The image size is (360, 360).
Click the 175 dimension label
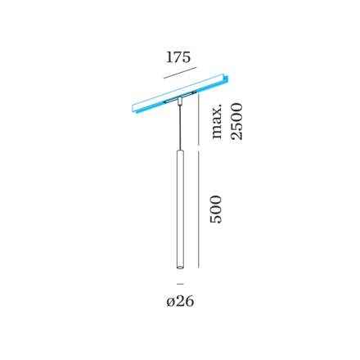(178, 57)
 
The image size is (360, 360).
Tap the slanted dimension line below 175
(180, 73)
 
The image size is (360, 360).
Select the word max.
(217, 121)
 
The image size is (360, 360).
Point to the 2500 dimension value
(236, 121)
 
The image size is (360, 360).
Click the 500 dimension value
(216, 209)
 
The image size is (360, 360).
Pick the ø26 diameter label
(180, 301)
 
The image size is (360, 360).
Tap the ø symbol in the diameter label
(170, 302)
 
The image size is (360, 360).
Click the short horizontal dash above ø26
(180, 284)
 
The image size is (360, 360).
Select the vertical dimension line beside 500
(198, 209)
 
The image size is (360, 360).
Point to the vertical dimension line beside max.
(198, 119)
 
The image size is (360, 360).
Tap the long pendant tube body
(180, 209)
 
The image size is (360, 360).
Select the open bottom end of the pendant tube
(180, 268)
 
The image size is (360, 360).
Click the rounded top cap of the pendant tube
(180, 151)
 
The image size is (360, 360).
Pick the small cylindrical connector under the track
(180, 102)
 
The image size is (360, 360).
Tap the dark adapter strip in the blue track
(180, 97)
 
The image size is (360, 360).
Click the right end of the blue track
(225, 78)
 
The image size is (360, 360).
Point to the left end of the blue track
(134, 109)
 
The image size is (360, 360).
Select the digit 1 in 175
(169, 57)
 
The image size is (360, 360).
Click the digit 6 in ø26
(189, 301)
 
